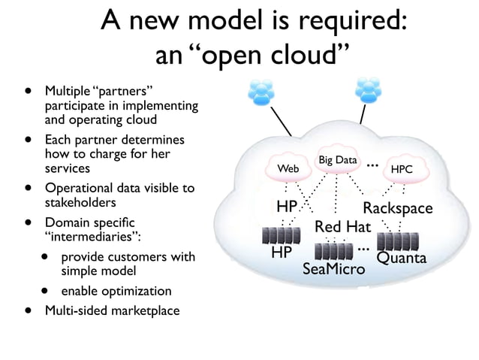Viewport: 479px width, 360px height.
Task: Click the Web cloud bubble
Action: pos(288,169)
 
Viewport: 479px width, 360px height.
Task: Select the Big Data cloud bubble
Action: pos(337,160)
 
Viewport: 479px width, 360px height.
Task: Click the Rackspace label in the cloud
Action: pos(397,207)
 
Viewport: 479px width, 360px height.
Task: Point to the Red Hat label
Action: pos(342,226)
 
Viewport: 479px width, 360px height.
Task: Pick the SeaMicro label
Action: pos(333,268)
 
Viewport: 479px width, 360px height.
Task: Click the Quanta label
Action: pos(401,258)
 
